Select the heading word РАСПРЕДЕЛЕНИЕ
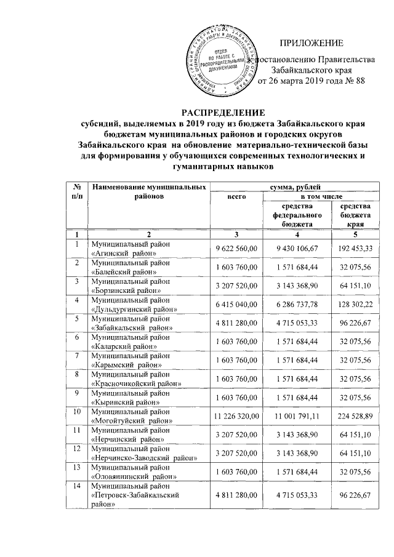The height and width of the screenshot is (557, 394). [223, 113]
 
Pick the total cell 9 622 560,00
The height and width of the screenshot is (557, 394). [236, 248]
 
